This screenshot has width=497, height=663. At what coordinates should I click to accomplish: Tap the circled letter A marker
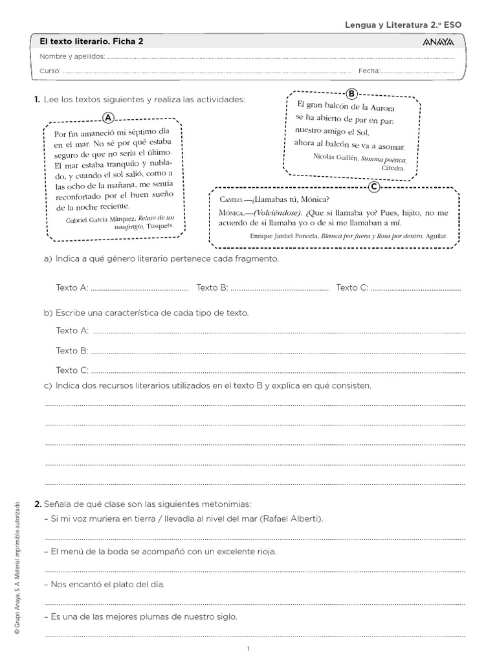click(109, 117)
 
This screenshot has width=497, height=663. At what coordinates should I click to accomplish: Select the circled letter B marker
click(352, 93)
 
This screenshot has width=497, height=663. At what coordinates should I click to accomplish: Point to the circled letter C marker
click(373, 187)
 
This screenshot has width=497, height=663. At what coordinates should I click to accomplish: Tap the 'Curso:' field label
click(50, 71)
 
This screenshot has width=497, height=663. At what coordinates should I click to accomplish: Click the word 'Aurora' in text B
click(379, 107)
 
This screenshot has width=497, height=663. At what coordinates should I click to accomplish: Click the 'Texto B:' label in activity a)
click(212, 287)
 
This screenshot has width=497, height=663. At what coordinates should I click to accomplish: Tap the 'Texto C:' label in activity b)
click(72, 370)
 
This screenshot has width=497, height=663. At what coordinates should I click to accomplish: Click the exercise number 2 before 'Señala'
click(38, 504)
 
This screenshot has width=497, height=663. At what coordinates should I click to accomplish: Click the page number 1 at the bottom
click(248, 649)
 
